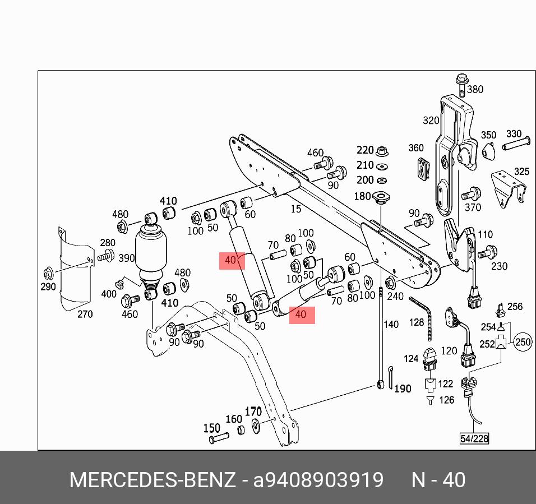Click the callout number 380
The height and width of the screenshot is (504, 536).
click(475, 89)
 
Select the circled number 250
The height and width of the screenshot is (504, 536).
click(523, 342)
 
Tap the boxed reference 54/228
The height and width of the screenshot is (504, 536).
click(474, 438)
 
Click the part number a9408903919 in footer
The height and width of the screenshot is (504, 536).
click(318, 480)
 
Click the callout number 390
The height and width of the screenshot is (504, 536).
click(127, 258)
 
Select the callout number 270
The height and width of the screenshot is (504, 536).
click(85, 314)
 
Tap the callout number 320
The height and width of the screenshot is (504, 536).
click(431, 121)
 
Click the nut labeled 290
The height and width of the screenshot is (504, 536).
click(48, 274)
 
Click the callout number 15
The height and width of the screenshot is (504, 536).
click(295, 209)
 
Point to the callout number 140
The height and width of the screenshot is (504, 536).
click(391, 324)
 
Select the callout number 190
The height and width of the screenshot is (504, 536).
click(403, 389)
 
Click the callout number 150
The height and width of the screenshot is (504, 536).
click(211, 428)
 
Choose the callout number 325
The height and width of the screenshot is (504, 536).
click(521, 172)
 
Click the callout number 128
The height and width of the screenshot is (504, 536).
click(416, 322)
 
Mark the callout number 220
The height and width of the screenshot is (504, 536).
click(365, 150)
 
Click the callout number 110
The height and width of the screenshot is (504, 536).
click(485, 235)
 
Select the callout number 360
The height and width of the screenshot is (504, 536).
click(416, 148)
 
